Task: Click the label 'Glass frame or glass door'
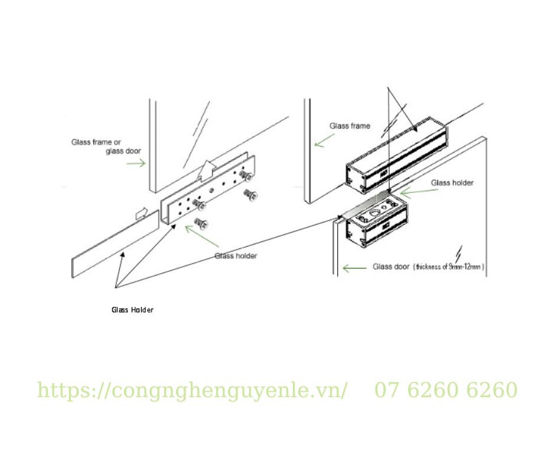[x=106, y=146]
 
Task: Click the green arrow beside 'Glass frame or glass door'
[x=136, y=163]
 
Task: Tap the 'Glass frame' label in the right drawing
[x=350, y=126]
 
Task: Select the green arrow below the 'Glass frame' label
[x=324, y=140]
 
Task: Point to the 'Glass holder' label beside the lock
[x=452, y=182]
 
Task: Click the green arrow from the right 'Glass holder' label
[x=419, y=192]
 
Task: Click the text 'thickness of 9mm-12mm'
[x=449, y=267]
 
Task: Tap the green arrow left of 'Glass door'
[x=355, y=268]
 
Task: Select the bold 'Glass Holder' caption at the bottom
[x=132, y=310]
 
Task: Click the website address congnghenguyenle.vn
[x=192, y=390]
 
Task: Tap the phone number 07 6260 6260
[x=446, y=390]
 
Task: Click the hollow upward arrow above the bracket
[x=208, y=171]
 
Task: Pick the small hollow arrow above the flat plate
[x=142, y=213]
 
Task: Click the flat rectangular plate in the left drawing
[x=116, y=244]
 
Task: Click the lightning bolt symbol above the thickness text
[x=458, y=254]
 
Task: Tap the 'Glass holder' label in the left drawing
[x=236, y=256]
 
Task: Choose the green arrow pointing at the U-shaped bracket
[x=201, y=235]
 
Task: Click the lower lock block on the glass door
[x=376, y=222]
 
